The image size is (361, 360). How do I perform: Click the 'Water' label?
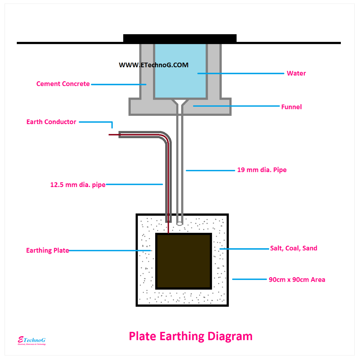click(x=296, y=73)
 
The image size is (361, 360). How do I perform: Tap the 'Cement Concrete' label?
click(x=63, y=84)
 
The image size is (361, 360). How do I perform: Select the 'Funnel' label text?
click(x=291, y=107)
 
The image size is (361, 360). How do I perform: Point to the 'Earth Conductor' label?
click(x=51, y=122)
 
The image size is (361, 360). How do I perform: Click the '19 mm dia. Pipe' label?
click(x=262, y=170)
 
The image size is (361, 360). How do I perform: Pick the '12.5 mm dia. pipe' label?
click(x=78, y=185)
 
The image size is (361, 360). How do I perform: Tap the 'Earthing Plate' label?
click(x=47, y=251)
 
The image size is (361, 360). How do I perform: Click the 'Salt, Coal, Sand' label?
click(x=294, y=248)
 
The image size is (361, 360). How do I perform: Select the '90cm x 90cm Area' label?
click(x=297, y=280)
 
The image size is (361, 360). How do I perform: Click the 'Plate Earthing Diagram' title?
click(x=191, y=336)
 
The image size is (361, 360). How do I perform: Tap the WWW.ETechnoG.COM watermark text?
click(x=154, y=65)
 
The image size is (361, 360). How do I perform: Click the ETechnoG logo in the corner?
click(x=32, y=341)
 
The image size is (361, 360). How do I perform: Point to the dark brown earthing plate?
click(x=184, y=261)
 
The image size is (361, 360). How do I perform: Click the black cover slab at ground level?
click(x=180, y=39)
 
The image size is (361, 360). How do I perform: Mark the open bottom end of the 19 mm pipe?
click(x=180, y=223)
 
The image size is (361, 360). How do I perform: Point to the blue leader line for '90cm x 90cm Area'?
click(x=249, y=279)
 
